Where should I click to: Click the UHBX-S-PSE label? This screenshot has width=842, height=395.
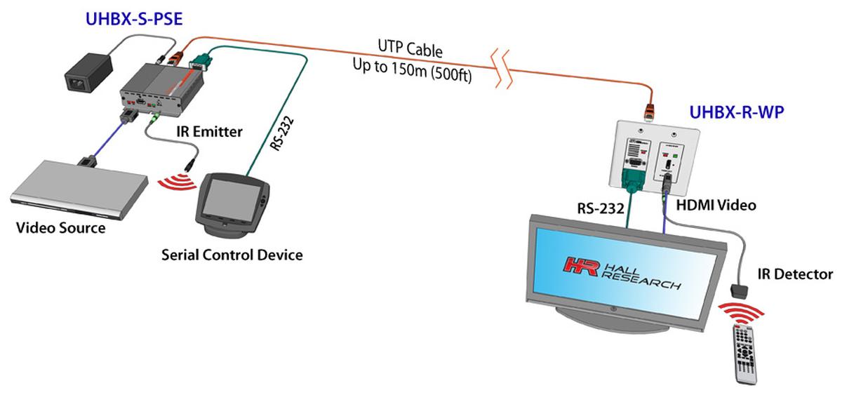134,19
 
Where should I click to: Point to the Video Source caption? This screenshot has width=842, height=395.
61,228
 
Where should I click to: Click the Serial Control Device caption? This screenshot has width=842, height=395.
232,254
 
